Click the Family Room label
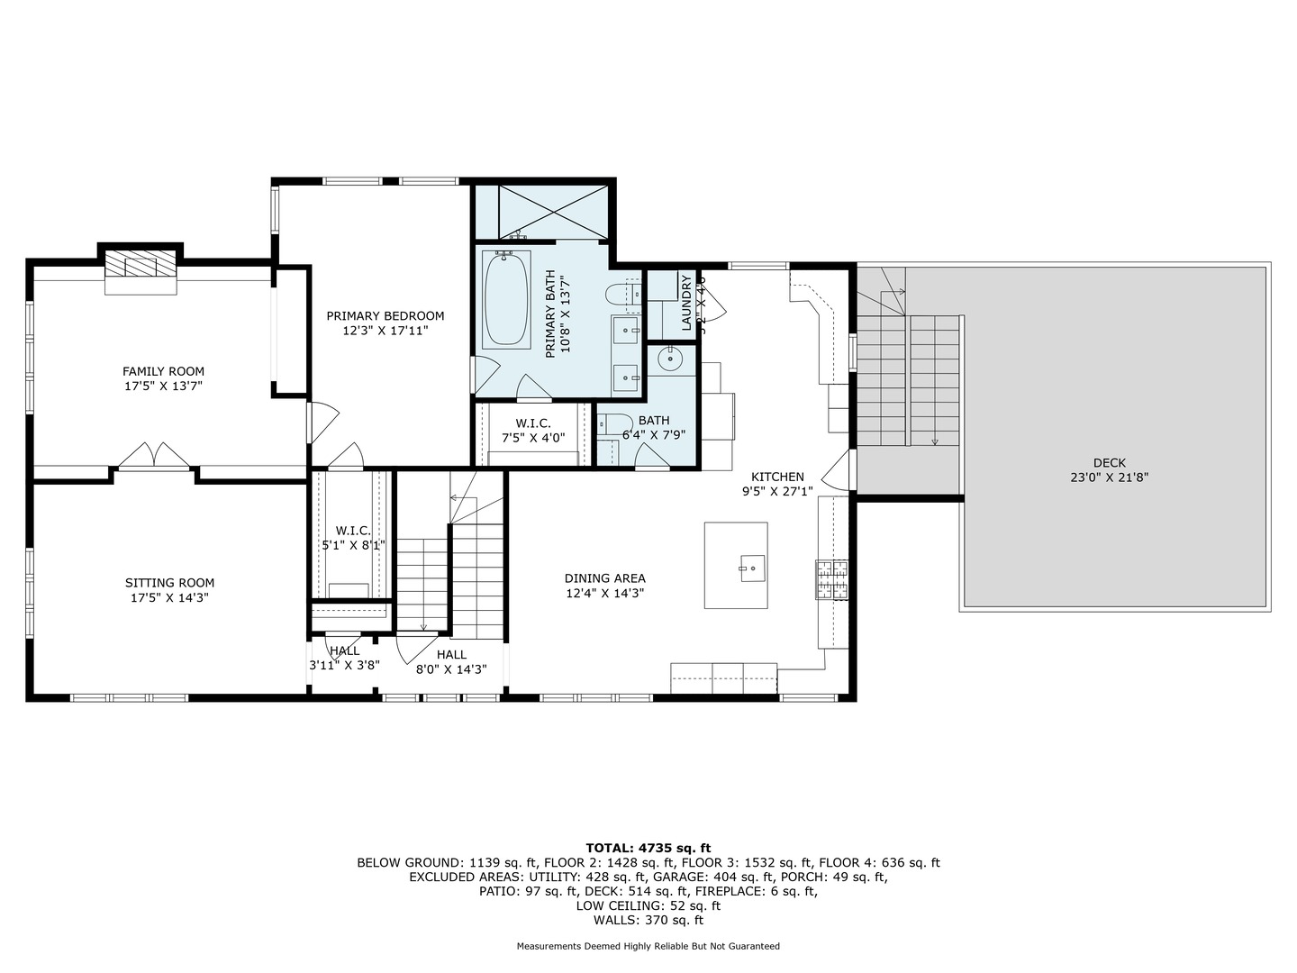click(163, 371)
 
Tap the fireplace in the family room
click(141, 267)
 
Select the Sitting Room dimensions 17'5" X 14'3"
click(169, 598)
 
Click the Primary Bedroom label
click(385, 315)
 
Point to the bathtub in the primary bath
click(507, 299)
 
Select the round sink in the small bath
click(670, 359)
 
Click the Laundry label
click(686, 303)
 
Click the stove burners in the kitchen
click(831, 579)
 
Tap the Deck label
click(1109, 463)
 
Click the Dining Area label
click(604, 578)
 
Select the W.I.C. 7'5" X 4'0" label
click(533, 431)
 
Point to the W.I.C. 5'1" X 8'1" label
click(353, 538)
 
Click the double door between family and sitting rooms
click(154, 457)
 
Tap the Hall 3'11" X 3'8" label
click(344, 658)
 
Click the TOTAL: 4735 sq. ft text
click(648, 848)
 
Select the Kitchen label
click(777, 477)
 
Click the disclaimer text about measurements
click(648, 946)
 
